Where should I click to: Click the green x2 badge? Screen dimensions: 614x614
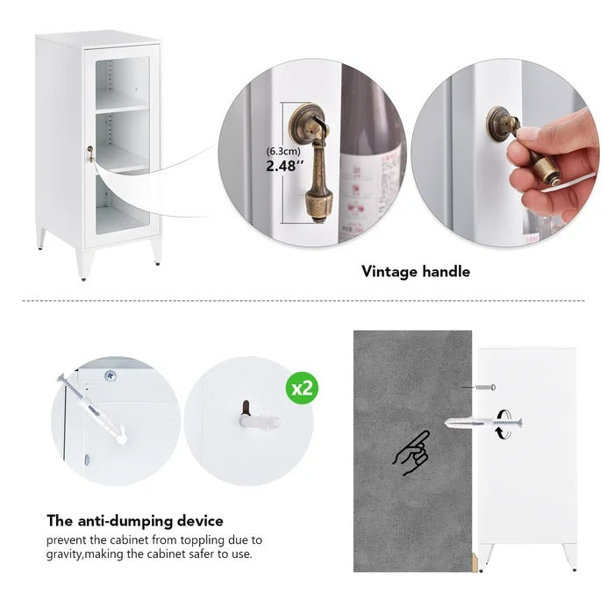302,388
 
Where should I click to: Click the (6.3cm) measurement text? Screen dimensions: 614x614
283,151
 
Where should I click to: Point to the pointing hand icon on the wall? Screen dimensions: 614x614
411,453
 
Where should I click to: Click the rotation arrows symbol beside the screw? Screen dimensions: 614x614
504,424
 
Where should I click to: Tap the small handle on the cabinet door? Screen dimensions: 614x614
90,153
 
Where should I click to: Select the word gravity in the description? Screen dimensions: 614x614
63,554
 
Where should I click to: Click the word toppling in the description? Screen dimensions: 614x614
203,540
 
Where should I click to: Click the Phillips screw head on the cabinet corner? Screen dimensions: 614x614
111,376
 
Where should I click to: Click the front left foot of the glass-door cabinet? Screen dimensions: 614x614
84,265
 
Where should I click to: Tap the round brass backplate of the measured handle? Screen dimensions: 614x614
307,122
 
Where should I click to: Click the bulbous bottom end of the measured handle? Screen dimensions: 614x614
318,204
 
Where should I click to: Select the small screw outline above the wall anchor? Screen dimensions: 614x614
485,388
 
